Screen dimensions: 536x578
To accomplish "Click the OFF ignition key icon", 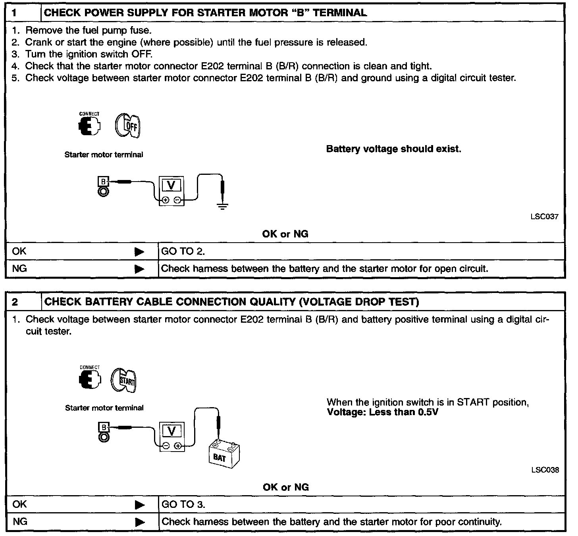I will pos(128,126).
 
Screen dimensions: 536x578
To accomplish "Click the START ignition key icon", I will pos(123,381).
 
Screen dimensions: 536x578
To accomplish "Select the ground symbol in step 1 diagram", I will pos(223,206).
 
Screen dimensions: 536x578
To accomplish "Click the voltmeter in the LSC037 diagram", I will pos(171,190).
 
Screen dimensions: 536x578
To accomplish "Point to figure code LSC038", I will pos(545,470).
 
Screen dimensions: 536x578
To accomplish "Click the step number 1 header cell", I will pos(23,13).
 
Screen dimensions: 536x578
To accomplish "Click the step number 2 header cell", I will pos(23,302).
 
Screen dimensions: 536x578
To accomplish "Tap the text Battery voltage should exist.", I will pos(393,149).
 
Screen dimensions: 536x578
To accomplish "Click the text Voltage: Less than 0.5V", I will pos(382,412).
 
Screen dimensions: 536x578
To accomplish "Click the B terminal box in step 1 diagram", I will pos(103,182).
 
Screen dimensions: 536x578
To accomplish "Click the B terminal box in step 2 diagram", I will pos(104,427).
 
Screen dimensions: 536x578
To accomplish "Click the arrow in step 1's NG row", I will pos(139,269).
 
